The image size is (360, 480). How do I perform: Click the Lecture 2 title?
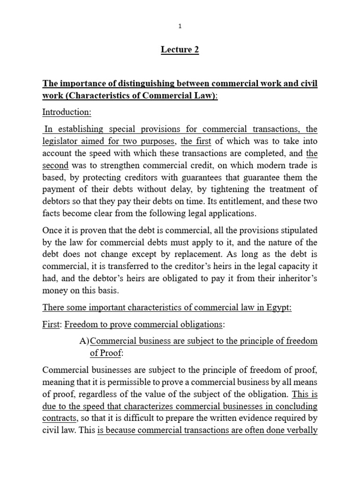pos(180,50)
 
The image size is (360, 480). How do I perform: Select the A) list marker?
pos(84,341)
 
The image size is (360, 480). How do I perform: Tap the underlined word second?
pos(55,165)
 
